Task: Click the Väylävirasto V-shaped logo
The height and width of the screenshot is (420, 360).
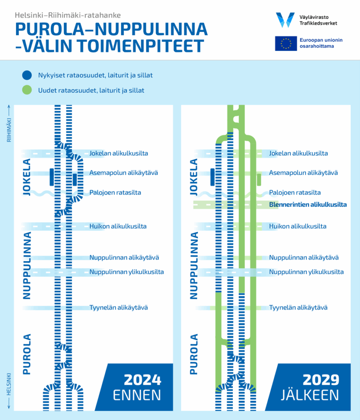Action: tap(285, 20)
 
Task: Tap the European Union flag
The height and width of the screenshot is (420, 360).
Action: tap(286, 43)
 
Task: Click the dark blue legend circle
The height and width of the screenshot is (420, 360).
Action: tap(27, 75)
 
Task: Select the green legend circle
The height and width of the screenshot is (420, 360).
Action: tap(27, 90)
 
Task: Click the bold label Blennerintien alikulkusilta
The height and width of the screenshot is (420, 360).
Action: tap(308, 205)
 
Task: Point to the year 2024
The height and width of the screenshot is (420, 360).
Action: tap(143, 380)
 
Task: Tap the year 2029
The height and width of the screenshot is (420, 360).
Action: tap(321, 380)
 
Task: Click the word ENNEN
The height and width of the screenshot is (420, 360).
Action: tap(137, 395)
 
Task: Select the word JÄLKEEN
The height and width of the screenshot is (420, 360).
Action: tap(310, 395)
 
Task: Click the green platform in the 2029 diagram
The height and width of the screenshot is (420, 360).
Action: tap(259, 180)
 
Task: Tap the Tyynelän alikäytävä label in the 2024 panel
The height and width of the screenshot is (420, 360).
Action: tap(118, 308)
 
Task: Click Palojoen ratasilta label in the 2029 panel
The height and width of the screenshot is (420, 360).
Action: tap(295, 193)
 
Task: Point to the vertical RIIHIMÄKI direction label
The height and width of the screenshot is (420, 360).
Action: tap(9, 130)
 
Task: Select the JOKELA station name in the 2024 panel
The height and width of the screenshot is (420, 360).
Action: tap(27, 177)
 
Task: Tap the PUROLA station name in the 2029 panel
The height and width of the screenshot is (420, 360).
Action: tap(194, 354)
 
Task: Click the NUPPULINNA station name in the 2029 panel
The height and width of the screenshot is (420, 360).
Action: tap(194, 265)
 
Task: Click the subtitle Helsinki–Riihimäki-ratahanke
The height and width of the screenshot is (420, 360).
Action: tap(68, 15)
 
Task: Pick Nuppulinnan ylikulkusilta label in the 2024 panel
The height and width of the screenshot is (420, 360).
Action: tap(126, 272)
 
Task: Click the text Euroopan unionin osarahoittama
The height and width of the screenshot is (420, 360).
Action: tap(321, 43)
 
